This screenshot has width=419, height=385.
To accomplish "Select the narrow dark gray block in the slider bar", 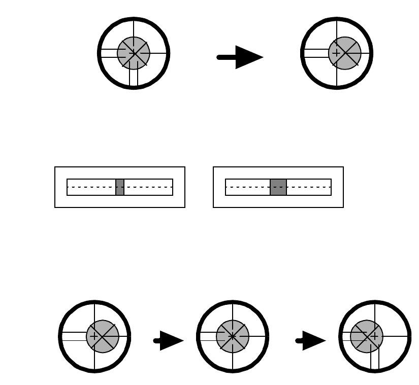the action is [120, 187].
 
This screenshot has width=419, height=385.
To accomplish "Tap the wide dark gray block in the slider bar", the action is [278, 187].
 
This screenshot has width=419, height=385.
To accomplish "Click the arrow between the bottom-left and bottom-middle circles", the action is [169, 340].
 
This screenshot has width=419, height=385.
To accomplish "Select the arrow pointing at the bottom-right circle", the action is [311, 340].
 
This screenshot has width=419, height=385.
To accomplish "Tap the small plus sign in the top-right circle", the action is [336, 53].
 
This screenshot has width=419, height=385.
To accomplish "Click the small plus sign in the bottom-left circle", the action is [94, 336].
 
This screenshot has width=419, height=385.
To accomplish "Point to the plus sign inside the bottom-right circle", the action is [375, 336].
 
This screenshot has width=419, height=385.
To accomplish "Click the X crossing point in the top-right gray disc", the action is [345, 53].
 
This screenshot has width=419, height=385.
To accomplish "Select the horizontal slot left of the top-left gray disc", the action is [109, 53].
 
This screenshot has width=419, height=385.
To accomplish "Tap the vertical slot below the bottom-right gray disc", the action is [375, 360].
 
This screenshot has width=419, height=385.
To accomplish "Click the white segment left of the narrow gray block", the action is [91, 187].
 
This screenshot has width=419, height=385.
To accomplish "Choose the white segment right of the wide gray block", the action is [309, 187].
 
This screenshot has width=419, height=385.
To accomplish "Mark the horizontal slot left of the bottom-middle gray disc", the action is [208, 336].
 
